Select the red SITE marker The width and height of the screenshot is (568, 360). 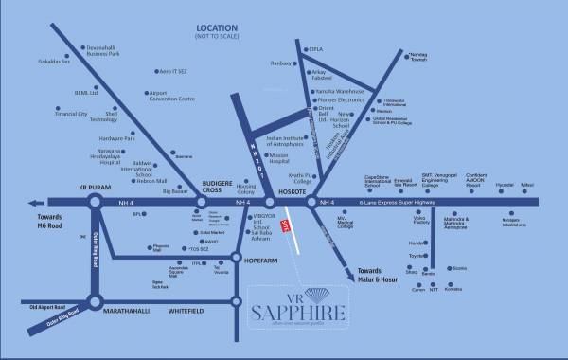click(x=284, y=224)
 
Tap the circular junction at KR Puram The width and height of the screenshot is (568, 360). click(x=96, y=202)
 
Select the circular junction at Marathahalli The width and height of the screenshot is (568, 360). click(x=96, y=302)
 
